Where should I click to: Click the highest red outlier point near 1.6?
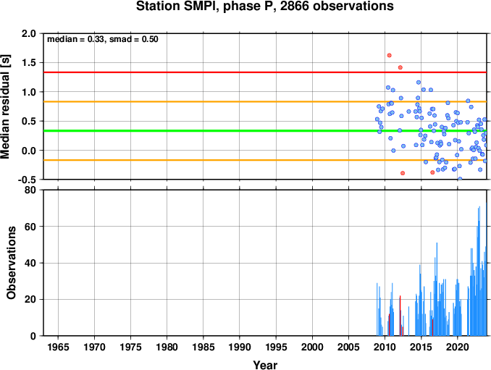coord(389,56)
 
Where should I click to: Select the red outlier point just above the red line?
coord(400,67)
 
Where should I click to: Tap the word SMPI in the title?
coord(201,7)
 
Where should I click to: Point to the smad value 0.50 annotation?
coord(150,39)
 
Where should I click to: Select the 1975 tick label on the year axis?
coord(130,347)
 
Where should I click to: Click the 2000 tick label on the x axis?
coord(312,347)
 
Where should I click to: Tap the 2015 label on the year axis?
coord(421,347)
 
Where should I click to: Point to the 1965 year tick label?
coord(58,347)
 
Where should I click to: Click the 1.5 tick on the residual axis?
coord(28,62)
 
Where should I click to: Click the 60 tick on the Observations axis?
coord(30,227)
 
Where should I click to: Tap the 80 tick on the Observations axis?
coord(30,190)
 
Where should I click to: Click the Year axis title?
coord(265,365)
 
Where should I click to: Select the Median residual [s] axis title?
coord(6,106)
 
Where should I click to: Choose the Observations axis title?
coord(11,263)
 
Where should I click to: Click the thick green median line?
coord(265,130)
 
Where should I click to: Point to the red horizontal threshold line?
coord(265,72)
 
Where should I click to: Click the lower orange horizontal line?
coord(265,160)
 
